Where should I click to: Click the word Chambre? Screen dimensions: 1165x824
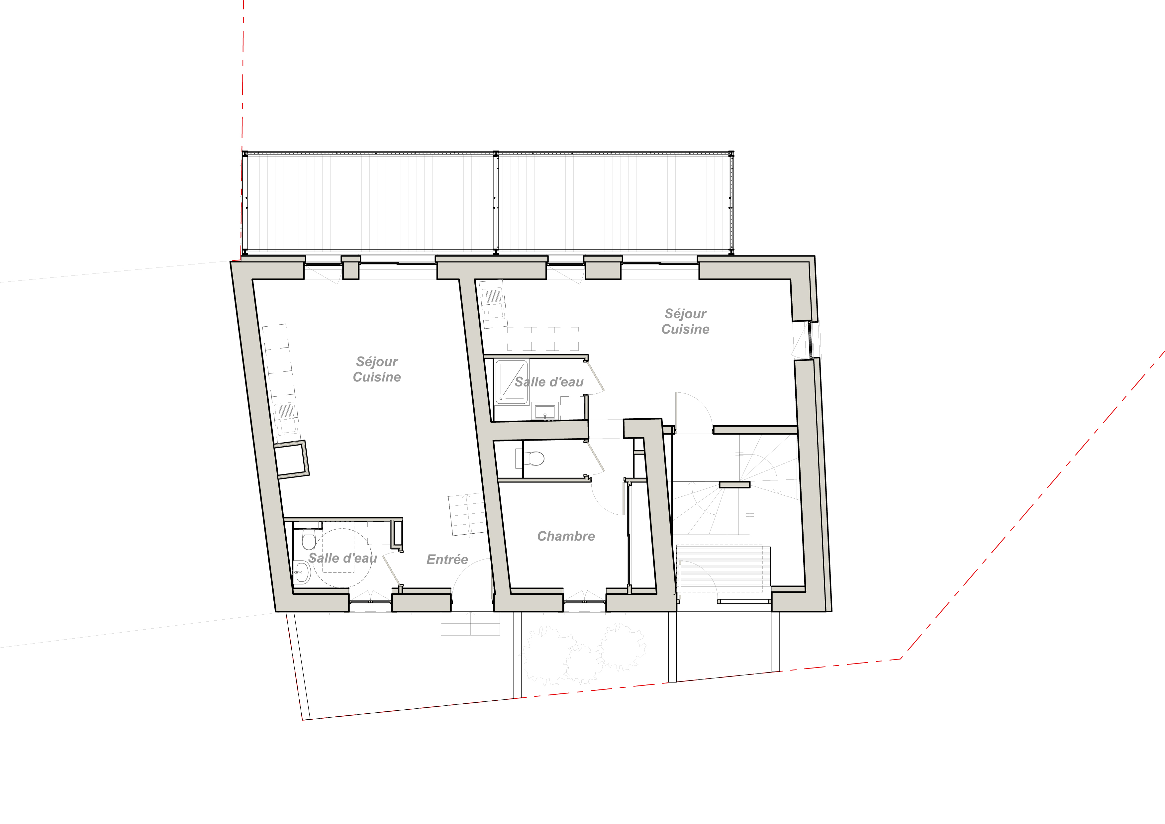(566, 536)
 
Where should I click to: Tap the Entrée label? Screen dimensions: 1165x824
(447, 559)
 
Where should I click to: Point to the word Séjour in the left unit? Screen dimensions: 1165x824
(377, 362)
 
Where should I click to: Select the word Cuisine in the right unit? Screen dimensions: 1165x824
(686, 329)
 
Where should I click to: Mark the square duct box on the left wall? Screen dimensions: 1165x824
(292, 460)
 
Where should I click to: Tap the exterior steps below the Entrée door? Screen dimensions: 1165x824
(470, 624)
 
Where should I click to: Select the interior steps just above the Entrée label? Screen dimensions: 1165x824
(467, 513)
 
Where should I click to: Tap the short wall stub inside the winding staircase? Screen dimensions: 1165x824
(734, 484)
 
